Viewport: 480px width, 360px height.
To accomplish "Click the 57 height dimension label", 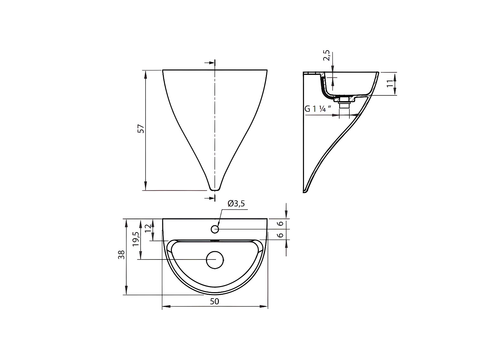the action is pyautogui.click(x=141, y=129).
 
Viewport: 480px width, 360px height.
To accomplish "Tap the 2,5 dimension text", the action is pyautogui.click(x=326, y=55).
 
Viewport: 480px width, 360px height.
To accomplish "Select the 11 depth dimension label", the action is pyautogui.click(x=390, y=84).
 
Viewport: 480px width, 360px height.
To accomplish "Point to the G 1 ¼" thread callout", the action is pyautogui.click(x=318, y=108).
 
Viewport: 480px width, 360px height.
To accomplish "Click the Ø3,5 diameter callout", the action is pyautogui.click(x=236, y=204).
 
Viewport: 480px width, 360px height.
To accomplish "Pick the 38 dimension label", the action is pyautogui.click(x=121, y=255).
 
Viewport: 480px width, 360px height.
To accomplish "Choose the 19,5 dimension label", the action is pyautogui.click(x=136, y=239).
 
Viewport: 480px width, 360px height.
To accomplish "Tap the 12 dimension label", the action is pyautogui.click(x=148, y=228).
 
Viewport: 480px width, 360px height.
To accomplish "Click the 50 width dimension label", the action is pyautogui.click(x=214, y=301).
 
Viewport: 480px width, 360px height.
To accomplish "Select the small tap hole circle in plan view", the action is pyautogui.click(x=215, y=229).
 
